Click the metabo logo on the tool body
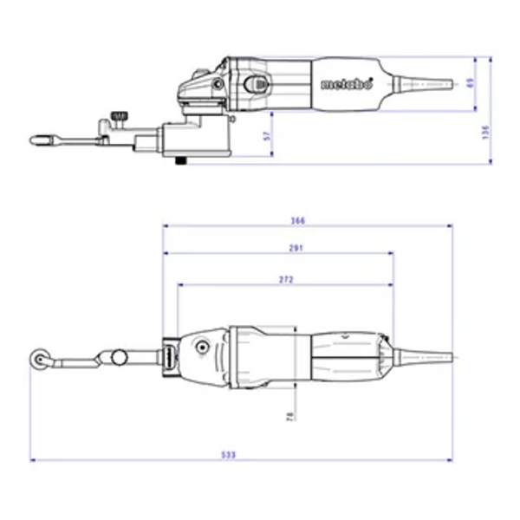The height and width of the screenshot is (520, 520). (x=347, y=85)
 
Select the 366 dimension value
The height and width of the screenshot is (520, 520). (x=299, y=221)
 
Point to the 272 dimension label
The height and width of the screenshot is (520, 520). (x=287, y=279)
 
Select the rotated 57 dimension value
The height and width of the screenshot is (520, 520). (x=267, y=135)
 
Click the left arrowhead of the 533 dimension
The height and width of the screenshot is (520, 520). (x=32, y=459)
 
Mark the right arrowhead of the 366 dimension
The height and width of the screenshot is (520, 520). (x=450, y=226)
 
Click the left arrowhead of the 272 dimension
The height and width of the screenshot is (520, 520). (x=180, y=285)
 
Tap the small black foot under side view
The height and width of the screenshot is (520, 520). (x=180, y=159)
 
